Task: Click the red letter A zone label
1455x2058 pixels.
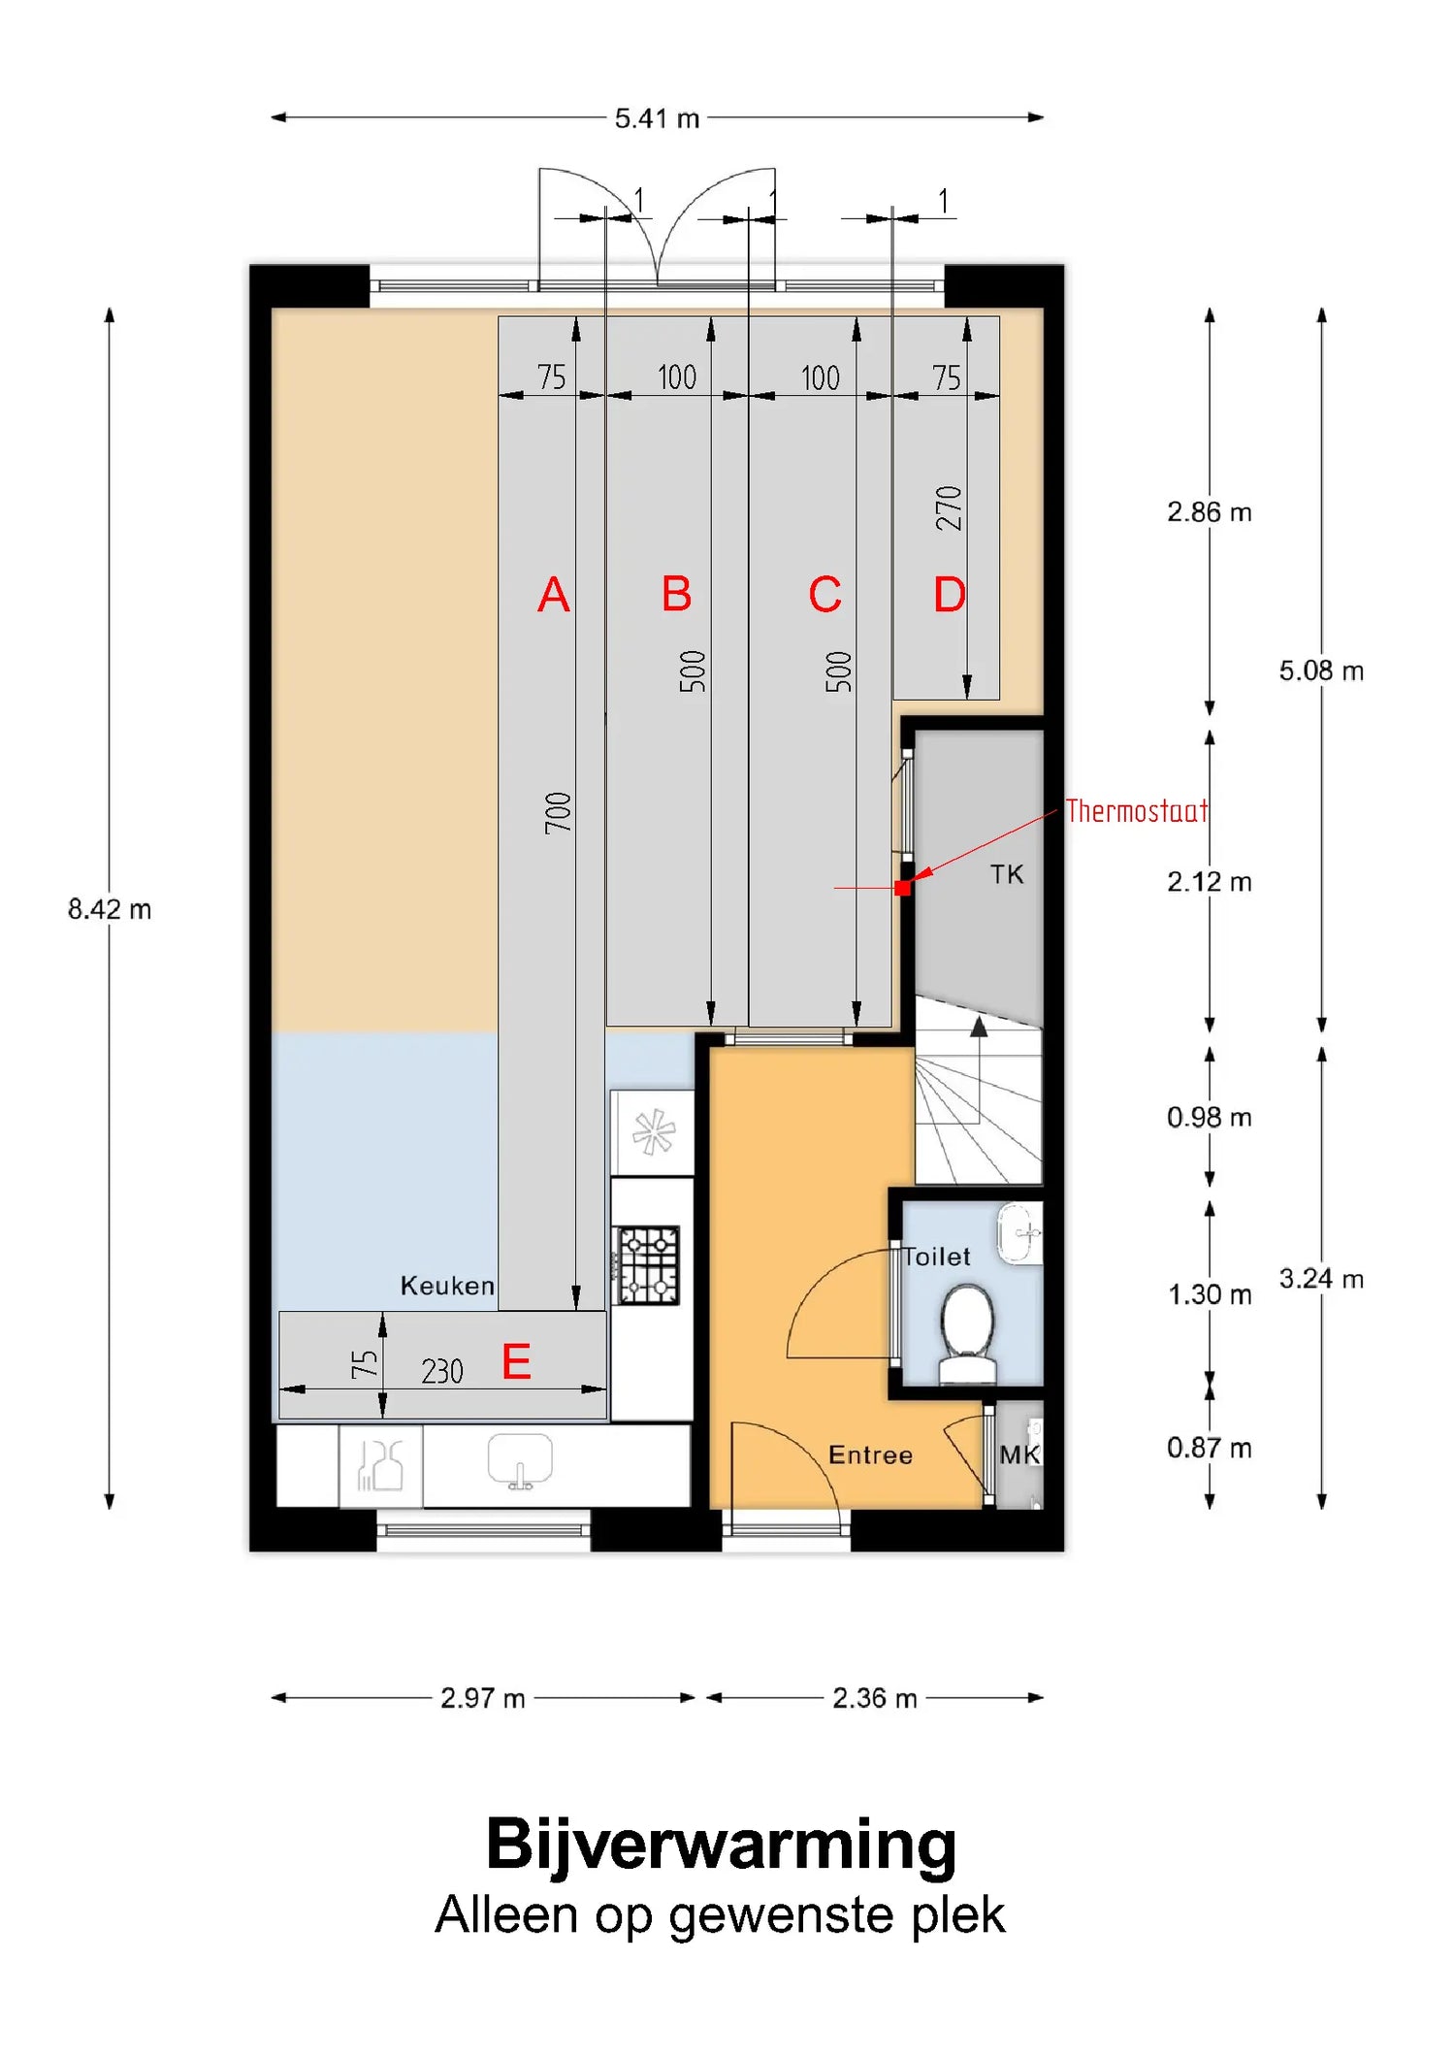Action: [554, 594]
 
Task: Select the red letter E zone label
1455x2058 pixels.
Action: [516, 1361]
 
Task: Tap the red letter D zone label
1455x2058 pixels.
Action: [950, 594]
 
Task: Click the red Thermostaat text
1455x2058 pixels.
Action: [1137, 810]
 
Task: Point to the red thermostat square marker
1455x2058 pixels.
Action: [903, 887]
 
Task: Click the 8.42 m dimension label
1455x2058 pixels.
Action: [110, 909]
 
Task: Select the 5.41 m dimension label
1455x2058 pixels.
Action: [657, 118]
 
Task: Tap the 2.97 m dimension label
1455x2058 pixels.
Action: [483, 1698]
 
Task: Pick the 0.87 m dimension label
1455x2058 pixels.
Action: [1210, 1448]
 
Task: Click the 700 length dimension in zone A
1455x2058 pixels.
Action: [558, 813]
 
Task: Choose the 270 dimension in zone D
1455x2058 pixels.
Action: [948, 508]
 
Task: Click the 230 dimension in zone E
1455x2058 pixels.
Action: [442, 1371]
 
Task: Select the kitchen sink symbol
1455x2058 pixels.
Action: [520, 1461]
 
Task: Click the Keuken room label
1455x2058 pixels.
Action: [447, 1286]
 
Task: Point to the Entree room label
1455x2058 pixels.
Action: [870, 1454]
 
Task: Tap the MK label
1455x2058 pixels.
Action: [1019, 1454]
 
